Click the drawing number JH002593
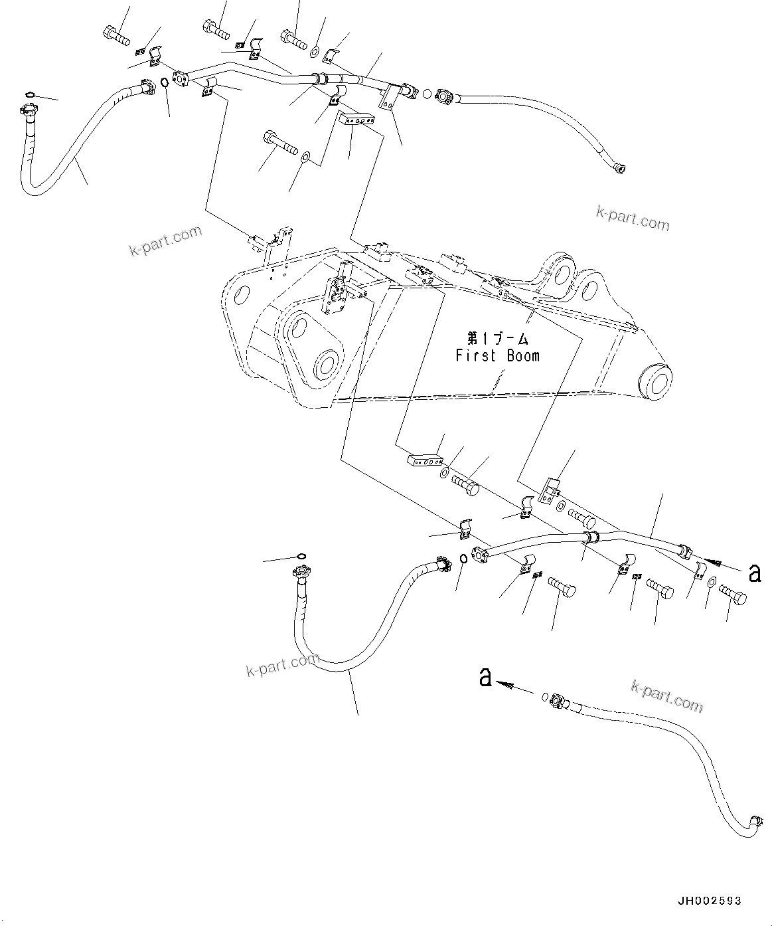pos(709,901)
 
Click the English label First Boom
pos(497,355)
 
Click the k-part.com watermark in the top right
pos(633,218)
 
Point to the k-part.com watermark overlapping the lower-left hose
pos(281,664)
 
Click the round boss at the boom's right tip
pos(653,381)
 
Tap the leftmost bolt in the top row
pos(117,33)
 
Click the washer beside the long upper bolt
pos(305,157)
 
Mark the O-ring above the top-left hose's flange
pos(30,96)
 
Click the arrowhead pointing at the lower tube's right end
pos(714,563)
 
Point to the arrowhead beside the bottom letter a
pos(506,684)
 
